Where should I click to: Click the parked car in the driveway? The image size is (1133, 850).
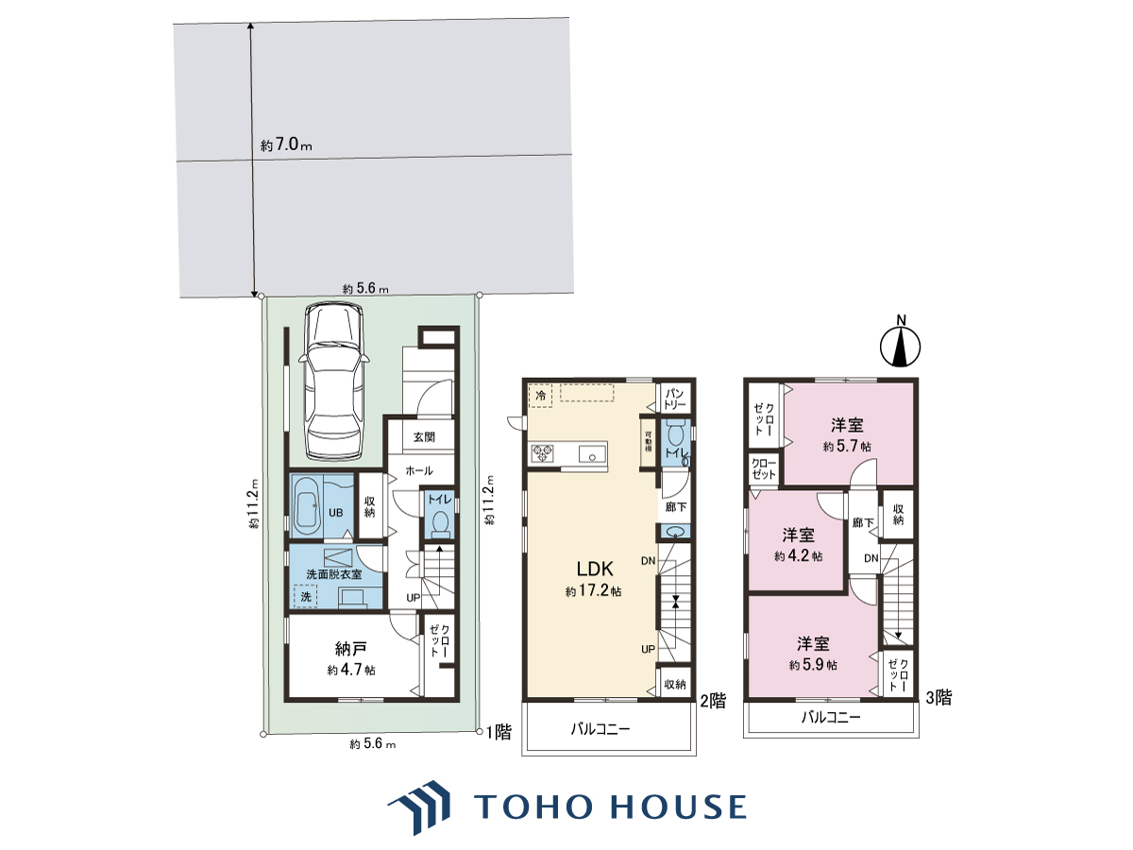click(333, 381)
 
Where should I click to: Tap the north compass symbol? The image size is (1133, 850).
click(901, 347)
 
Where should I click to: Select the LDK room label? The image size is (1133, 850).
click(595, 569)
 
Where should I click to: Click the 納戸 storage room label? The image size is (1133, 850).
click(351, 648)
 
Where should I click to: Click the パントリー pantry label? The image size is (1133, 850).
click(675, 399)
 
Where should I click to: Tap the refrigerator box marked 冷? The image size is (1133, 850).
click(540, 396)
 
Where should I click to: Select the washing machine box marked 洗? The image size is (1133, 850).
click(306, 597)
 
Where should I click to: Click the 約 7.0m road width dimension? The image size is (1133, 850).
click(286, 145)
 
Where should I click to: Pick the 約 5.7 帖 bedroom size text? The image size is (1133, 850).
click(847, 446)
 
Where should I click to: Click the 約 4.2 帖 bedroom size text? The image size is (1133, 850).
click(799, 556)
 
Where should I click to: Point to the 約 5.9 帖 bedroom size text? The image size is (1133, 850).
click(814, 665)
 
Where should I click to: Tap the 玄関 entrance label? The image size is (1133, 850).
click(424, 437)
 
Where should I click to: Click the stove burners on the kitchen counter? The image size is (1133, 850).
click(542, 452)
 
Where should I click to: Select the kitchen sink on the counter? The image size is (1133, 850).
click(593, 454)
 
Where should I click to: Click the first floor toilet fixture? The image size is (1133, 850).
click(440, 523)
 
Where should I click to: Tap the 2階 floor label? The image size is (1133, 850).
click(713, 701)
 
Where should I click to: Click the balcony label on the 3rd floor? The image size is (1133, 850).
click(831, 718)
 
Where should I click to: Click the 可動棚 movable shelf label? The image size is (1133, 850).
click(648, 442)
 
